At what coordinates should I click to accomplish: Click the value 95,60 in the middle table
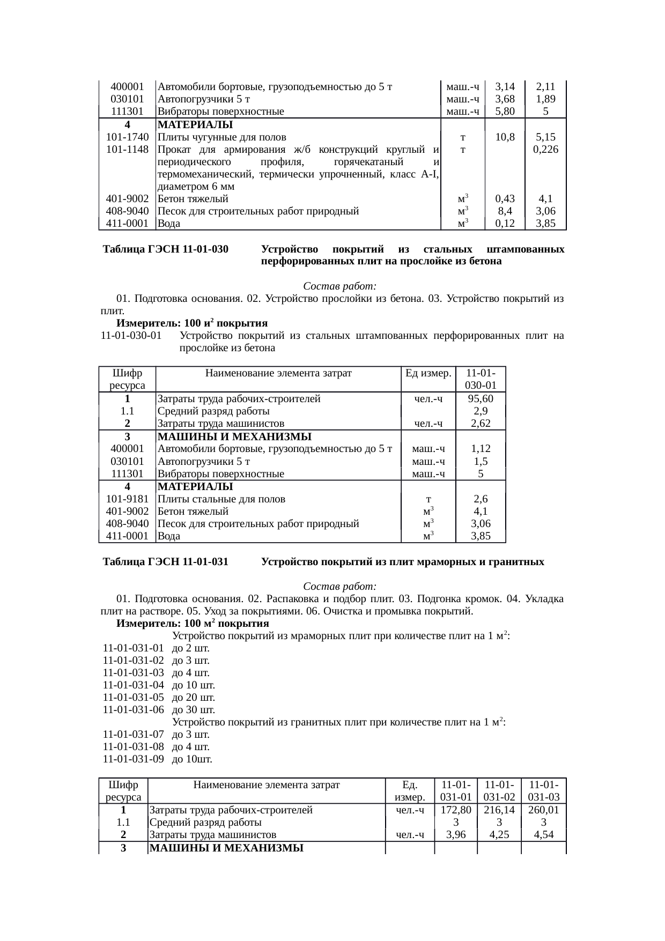pyautogui.click(x=480, y=399)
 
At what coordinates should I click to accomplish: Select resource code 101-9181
pyautogui.click(x=127, y=499)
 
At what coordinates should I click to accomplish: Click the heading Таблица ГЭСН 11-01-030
pyautogui.click(x=166, y=250)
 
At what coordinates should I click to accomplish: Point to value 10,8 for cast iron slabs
pyautogui.click(x=505, y=137)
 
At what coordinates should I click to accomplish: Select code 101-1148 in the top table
pyautogui.click(x=127, y=150)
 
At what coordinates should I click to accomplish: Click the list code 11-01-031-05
pyautogui.click(x=133, y=698)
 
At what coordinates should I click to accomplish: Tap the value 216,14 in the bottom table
pyautogui.click(x=499, y=810)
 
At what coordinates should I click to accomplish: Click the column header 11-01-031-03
pyautogui.click(x=544, y=791)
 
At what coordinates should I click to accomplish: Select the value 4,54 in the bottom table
pyautogui.click(x=544, y=835)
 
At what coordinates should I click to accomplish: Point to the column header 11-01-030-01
pyautogui.click(x=480, y=379)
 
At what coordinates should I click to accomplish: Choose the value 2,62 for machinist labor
pyautogui.click(x=480, y=424)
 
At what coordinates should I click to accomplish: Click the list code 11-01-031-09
pyautogui.click(x=133, y=759)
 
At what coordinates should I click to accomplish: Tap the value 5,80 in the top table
pyautogui.click(x=505, y=112)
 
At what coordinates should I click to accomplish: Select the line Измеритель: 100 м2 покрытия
pyautogui.click(x=193, y=624)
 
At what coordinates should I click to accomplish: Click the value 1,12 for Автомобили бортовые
pyautogui.click(x=480, y=449)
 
